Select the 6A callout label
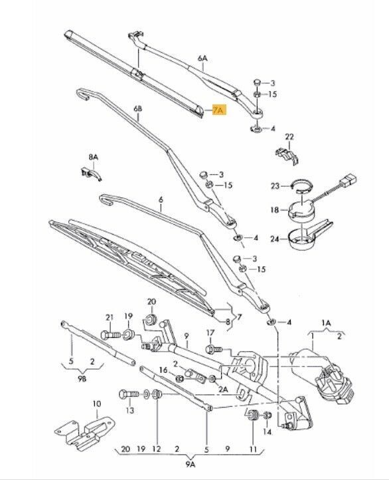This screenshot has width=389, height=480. [x=202, y=58]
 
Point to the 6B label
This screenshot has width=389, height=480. [x=138, y=108]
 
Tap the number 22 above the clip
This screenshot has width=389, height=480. [x=289, y=137]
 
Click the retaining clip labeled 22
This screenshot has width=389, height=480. [x=288, y=156]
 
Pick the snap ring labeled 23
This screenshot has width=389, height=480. [x=302, y=185]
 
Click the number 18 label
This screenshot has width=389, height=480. [x=275, y=210]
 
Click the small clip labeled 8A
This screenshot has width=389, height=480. [x=90, y=174]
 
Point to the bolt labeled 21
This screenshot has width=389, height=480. [x=111, y=335]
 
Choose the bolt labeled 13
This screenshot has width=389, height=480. [x=129, y=394]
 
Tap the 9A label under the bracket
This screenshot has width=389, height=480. [x=190, y=465]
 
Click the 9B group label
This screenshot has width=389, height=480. [x=82, y=379]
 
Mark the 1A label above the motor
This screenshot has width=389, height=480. [x=326, y=323]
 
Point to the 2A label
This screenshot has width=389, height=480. [x=223, y=389]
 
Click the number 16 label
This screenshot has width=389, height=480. [x=163, y=370]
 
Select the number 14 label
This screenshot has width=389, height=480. [x=267, y=432]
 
